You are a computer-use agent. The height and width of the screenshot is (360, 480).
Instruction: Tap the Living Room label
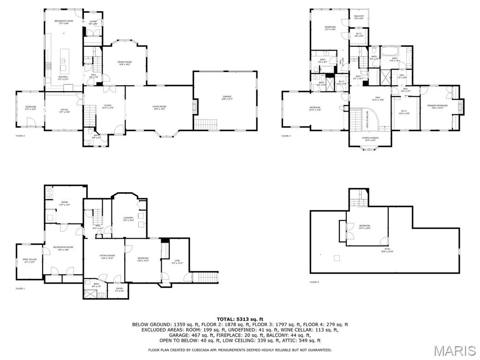[x=159, y=107]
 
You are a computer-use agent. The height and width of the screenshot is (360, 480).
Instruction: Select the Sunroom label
[x=30, y=108]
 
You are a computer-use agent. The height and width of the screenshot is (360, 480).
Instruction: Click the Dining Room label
[x=124, y=63]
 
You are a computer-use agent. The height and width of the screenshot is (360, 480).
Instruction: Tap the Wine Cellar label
[x=29, y=260]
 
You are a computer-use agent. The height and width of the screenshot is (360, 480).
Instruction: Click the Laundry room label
[x=128, y=218]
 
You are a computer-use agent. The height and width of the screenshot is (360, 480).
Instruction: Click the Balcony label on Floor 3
[x=359, y=17]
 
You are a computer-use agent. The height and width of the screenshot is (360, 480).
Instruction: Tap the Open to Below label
[x=367, y=119]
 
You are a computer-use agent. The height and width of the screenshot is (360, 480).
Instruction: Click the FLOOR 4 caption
[x=314, y=282]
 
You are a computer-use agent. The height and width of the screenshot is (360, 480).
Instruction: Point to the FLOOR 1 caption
[x=20, y=288]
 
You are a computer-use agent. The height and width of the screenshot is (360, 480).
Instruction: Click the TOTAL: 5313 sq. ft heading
[x=240, y=319]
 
